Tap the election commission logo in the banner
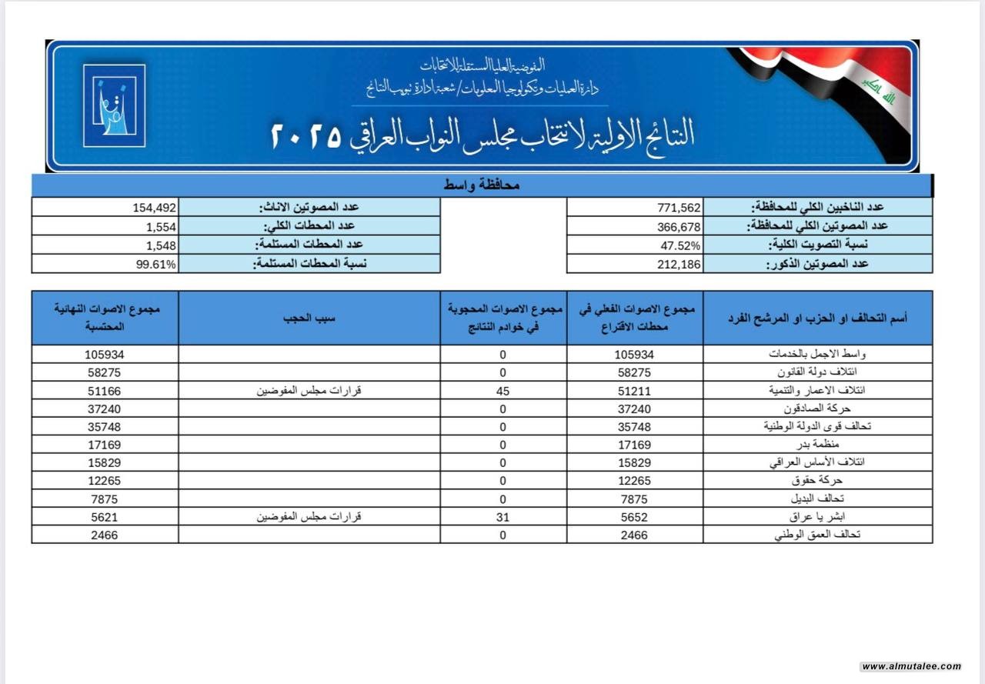114,105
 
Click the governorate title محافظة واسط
482,185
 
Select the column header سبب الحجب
309,317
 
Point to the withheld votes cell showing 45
503,390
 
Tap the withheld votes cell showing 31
503,517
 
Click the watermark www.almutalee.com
911,666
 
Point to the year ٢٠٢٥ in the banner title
306,135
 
